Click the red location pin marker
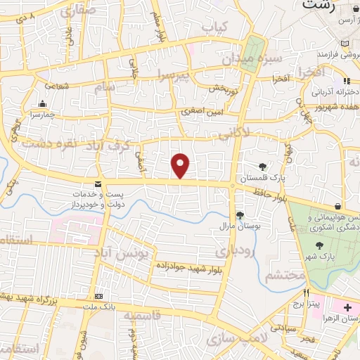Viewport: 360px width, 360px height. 181,165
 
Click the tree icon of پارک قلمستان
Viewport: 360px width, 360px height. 262,167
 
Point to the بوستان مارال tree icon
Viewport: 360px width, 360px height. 239,214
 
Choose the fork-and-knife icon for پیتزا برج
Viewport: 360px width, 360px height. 306,292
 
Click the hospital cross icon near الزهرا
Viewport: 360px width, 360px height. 348,308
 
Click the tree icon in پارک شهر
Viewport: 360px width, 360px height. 320,245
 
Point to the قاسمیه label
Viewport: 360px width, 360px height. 142,316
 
